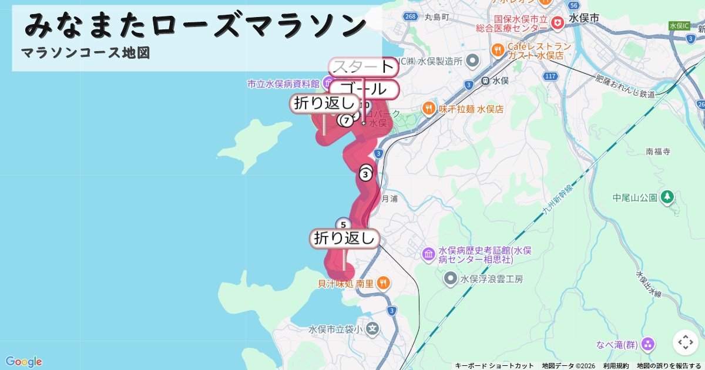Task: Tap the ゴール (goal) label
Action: point(364,90)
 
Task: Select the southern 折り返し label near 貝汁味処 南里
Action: point(344,238)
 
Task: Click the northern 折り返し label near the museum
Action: point(324,103)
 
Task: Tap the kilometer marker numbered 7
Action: point(347,120)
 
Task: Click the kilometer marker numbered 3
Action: point(365,174)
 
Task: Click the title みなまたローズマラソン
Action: point(196,25)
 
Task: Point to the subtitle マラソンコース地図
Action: point(86,53)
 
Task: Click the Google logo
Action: point(23,361)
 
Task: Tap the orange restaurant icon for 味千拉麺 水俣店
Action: point(428,109)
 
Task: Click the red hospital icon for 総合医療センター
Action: point(556,23)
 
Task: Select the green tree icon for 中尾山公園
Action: point(667,197)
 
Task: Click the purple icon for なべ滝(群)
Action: point(649,344)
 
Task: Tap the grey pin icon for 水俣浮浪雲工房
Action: point(451,278)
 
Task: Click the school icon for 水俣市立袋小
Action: point(371,329)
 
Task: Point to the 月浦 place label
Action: point(390,199)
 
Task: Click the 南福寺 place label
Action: point(658,152)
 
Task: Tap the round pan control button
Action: point(685,342)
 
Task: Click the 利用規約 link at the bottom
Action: point(616,365)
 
